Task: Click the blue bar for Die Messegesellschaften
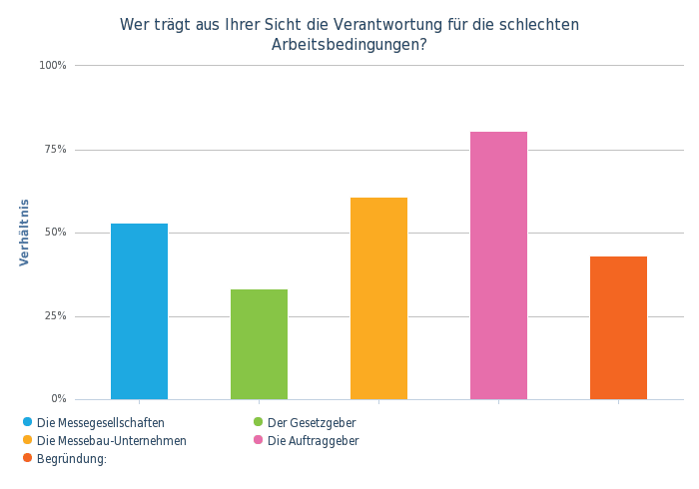click(139, 310)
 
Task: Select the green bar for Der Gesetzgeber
click(259, 343)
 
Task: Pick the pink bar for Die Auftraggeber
click(498, 264)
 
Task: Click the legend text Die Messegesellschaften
click(100, 421)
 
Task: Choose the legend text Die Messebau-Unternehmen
click(111, 440)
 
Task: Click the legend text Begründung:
click(71, 459)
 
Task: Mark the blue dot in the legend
click(26, 421)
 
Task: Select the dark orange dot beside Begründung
click(26, 459)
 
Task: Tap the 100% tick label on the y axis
click(52, 66)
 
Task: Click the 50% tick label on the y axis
click(54, 233)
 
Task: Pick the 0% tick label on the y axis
click(58, 399)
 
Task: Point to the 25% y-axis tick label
click(54, 316)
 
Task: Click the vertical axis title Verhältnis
click(24, 233)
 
